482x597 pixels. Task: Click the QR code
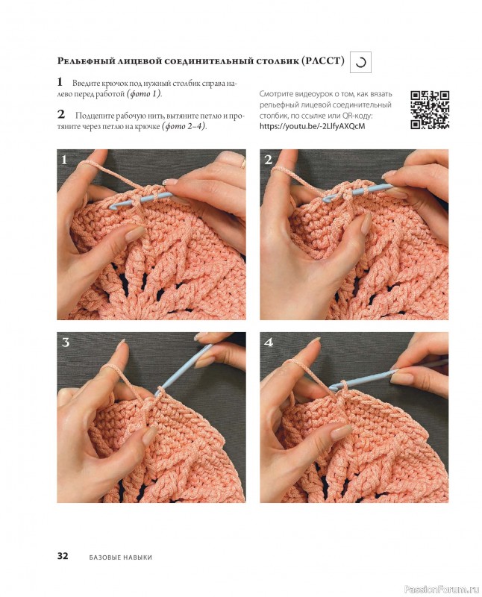430,110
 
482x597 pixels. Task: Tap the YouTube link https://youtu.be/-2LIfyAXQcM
312,126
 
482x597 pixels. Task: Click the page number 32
63,555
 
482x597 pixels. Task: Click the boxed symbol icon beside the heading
360,62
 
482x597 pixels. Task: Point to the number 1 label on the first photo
64,160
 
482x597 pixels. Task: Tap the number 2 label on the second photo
269,160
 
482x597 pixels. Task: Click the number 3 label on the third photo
66,343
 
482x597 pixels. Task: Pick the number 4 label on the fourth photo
269,343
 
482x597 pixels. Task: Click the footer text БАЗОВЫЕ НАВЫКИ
121,557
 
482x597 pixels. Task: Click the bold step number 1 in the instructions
60,81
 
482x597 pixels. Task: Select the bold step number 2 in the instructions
61,114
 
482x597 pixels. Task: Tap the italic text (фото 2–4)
184,126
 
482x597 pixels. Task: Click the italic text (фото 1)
144,94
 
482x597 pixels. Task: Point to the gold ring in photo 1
243,163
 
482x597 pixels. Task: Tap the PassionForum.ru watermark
441,590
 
